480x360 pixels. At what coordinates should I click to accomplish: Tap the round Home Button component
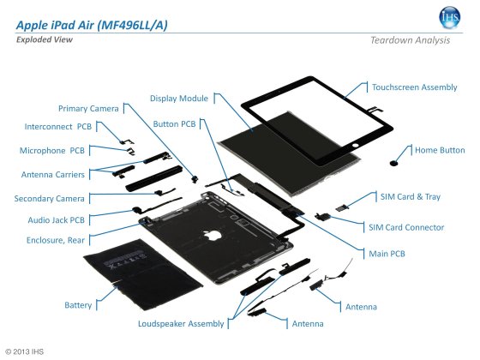point(395,159)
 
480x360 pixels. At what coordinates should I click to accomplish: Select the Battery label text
point(78,305)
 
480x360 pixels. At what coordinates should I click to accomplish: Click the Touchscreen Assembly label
point(414,87)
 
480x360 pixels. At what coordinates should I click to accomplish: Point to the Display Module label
point(178,99)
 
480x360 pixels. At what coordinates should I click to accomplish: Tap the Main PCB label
point(387,254)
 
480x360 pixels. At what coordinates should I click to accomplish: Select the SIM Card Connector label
point(405,227)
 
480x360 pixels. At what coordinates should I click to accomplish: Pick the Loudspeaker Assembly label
point(181,324)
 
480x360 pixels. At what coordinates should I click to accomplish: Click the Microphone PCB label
point(52,151)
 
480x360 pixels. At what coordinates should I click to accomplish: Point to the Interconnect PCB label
point(58,127)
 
